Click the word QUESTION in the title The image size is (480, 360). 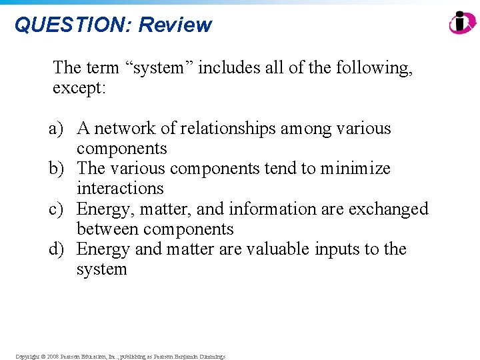tap(73, 25)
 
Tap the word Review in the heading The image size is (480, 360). tap(175, 25)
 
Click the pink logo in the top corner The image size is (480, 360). tap(462, 23)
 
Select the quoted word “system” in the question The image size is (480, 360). tap(160, 68)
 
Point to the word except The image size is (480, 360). tap(79, 88)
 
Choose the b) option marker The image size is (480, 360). tap(57, 169)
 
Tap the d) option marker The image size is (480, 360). tap(57, 249)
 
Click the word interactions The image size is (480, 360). tap(120, 189)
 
